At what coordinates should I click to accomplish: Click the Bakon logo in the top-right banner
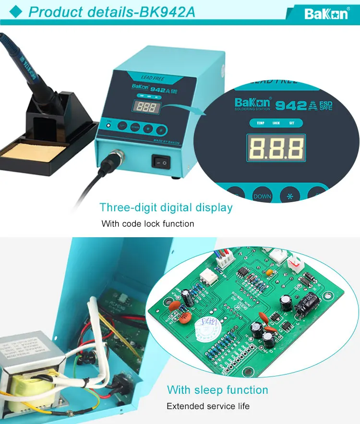(326, 14)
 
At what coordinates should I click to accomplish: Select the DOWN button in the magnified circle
(262, 196)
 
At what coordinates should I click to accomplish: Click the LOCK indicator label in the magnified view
(276, 123)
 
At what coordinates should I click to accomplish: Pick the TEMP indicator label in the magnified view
(260, 123)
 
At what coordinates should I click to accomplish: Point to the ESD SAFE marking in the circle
(325, 105)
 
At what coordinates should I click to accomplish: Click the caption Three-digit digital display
(166, 208)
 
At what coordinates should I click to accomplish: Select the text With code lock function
(148, 224)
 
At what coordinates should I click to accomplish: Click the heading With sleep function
(217, 390)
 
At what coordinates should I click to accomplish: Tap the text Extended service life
(208, 406)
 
